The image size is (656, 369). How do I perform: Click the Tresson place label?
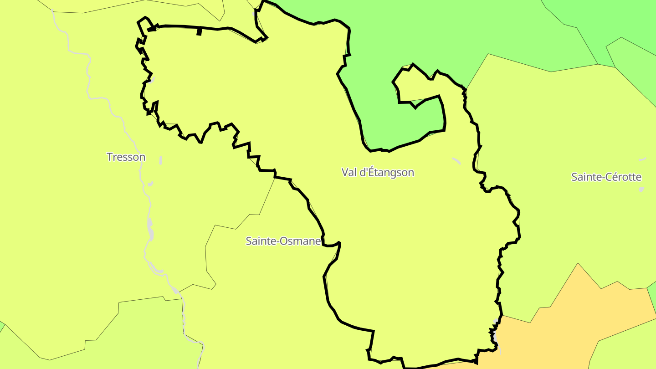[x=126, y=157]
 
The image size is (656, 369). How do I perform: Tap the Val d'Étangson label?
[x=378, y=172]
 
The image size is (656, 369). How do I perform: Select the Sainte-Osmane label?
[x=283, y=241]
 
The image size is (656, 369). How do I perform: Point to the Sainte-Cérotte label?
[x=606, y=177]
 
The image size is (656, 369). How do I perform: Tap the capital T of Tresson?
[x=110, y=157]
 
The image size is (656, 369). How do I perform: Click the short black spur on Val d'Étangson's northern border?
[x=199, y=31]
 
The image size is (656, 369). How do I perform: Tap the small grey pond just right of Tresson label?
[x=161, y=160]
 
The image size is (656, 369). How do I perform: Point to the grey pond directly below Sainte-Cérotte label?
[x=641, y=189]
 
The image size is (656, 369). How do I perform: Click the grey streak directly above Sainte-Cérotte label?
[x=643, y=159]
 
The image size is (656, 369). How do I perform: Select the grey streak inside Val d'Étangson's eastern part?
[x=456, y=160]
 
